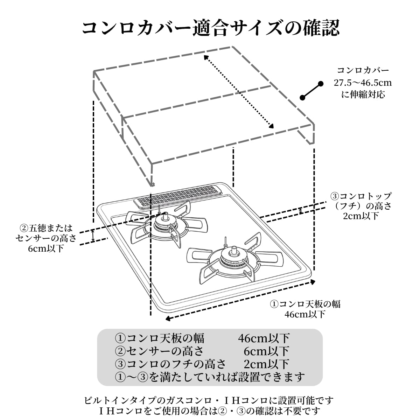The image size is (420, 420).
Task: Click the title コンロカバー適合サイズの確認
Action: tap(210, 28)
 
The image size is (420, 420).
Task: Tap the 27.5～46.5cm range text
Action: tap(363, 83)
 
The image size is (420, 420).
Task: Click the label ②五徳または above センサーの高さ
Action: tap(46, 228)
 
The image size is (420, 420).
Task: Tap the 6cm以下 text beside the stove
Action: tap(46, 248)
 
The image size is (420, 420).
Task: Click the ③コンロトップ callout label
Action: tap(361, 196)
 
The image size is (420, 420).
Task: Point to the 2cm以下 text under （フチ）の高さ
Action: tap(361, 216)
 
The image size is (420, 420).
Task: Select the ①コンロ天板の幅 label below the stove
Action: tap(305, 304)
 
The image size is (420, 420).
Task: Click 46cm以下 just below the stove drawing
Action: tap(305, 314)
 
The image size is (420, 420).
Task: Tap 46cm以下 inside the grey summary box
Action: tap(264, 338)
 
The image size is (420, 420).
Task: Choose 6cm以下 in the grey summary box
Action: tap(266, 351)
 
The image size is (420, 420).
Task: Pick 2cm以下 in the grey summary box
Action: tap(266, 364)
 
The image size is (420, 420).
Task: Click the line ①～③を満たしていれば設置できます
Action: tap(210, 377)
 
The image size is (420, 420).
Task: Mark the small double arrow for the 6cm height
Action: tap(93, 236)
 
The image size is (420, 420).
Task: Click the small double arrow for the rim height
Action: tap(301, 211)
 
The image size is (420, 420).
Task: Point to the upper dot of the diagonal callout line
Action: tap(320, 84)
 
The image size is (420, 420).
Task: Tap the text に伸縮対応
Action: tap(363, 94)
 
